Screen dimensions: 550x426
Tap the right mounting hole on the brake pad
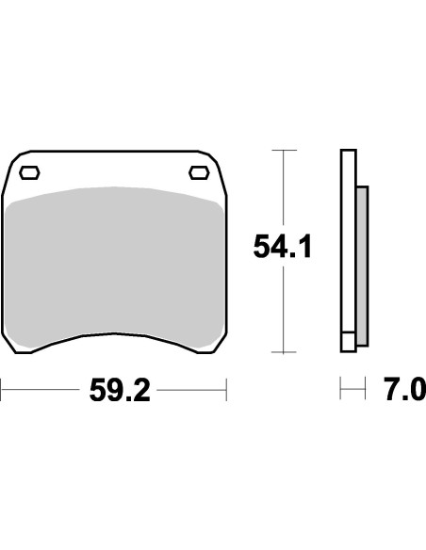tap(199, 171)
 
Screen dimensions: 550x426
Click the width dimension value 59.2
tap(120, 390)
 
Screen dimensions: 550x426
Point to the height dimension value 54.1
tap(282, 247)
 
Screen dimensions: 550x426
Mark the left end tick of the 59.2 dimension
tap(2, 386)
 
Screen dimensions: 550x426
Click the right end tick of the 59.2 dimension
tap(226, 386)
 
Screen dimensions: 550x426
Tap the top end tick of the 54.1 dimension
tap(278, 149)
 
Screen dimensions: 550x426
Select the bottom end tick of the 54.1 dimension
tap(278, 351)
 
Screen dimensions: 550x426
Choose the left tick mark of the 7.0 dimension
tap(341, 386)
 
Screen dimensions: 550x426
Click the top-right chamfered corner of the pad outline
tap(214, 157)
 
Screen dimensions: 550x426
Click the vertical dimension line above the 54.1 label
tap(278, 188)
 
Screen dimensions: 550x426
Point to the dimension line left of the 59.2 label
tap(42, 386)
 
